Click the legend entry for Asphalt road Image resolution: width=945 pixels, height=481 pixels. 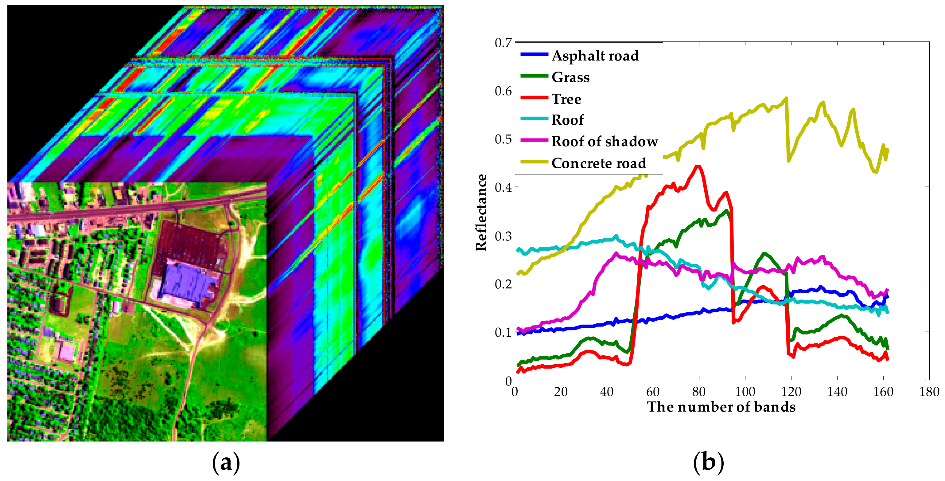click(595, 56)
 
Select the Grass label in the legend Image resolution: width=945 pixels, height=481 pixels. click(570, 77)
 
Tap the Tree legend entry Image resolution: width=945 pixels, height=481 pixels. click(566, 99)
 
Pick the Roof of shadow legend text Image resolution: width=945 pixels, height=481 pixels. click(605, 142)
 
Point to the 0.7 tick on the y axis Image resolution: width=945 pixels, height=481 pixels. click(503, 43)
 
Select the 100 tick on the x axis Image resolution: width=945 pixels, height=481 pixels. click(745, 392)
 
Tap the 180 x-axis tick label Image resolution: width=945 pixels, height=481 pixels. click(929, 392)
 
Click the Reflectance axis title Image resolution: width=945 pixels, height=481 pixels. click(481, 213)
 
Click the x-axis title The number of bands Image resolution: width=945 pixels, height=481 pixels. click(721, 407)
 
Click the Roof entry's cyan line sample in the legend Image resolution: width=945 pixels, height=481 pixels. click(534, 119)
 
